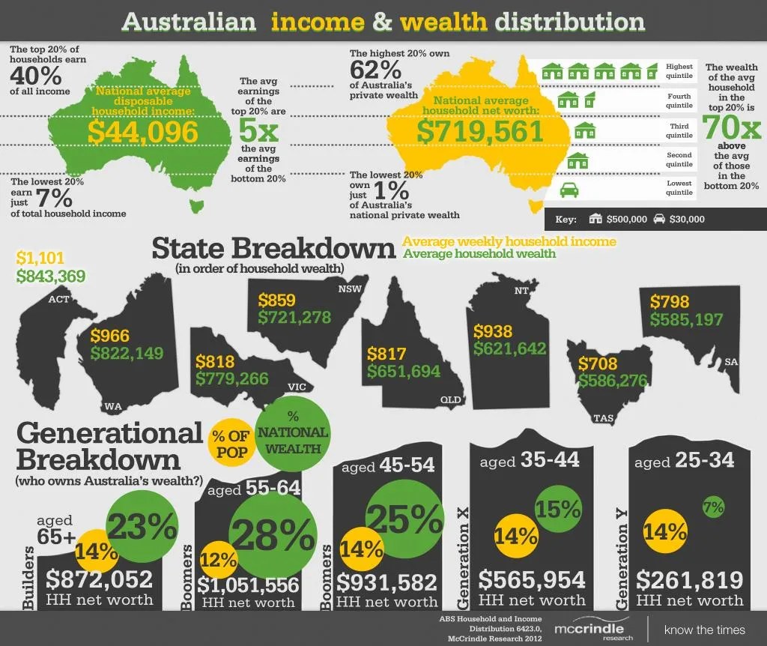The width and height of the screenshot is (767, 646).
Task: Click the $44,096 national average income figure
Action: point(143,132)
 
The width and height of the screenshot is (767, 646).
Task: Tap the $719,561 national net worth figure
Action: point(479,131)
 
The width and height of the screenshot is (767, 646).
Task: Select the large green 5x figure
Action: point(258,132)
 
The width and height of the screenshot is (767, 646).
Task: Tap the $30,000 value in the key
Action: point(686,220)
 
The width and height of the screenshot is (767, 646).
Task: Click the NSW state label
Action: point(349,289)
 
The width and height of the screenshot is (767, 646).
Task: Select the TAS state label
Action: point(603,417)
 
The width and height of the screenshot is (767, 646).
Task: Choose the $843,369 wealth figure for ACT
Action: point(50,277)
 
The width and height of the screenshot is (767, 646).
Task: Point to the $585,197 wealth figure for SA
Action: point(686,320)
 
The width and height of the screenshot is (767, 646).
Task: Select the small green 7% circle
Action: point(713,507)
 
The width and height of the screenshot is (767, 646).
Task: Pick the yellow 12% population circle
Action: point(219,558)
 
